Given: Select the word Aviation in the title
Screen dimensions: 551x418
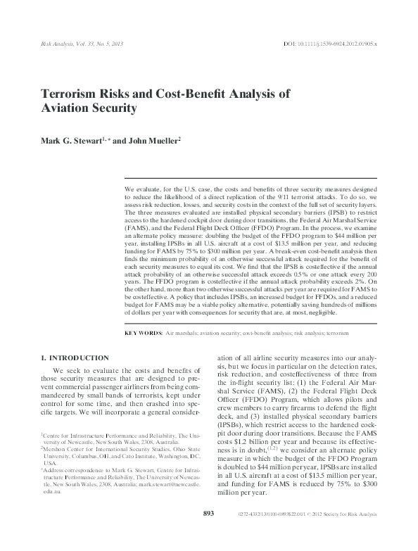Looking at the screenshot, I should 65,109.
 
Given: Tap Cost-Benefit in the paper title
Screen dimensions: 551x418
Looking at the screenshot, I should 186,93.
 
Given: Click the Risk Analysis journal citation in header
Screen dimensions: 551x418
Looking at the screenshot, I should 80,45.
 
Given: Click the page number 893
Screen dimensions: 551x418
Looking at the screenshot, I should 208,534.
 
